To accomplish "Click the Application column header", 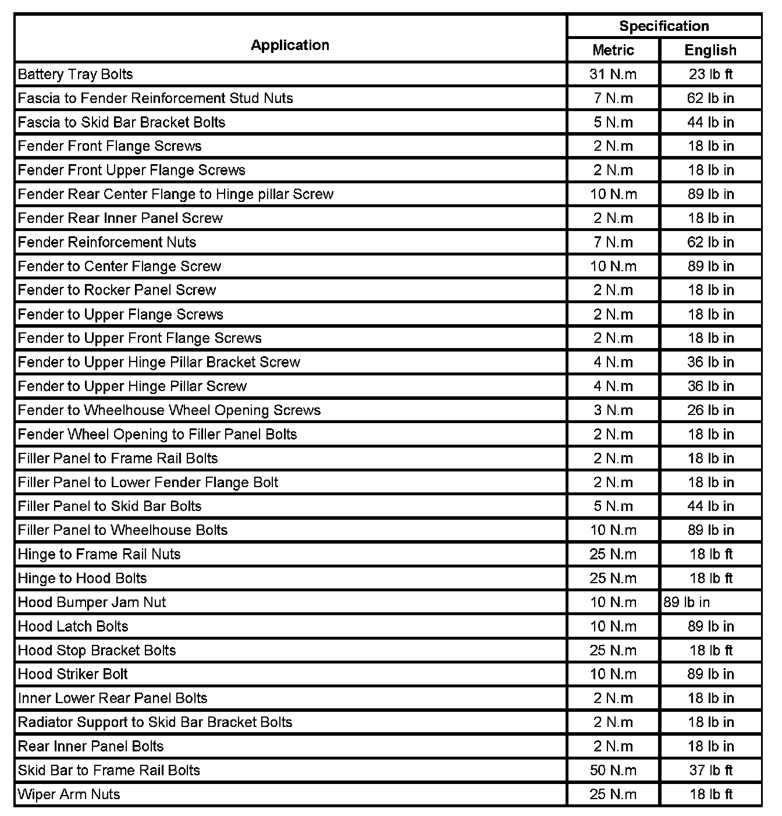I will pyautogui.click(x=290, y=45).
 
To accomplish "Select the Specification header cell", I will pyautogui.click(x=664, y=26).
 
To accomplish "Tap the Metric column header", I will pyautogui.click(x=613, y=51).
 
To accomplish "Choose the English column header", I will pyautogui.click(x=710, y=51).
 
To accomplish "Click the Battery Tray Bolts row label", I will pyautogui.click(x=76, y=74).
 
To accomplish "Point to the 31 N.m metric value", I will pyautogui.click(x=613, y=74).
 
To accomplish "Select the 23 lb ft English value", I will pyautogui.click(x=710, y=74).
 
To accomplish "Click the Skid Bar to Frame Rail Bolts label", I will pyautogui.click(x=109, y=771).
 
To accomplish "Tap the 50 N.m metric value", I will pyautogui.click(x=613, y=771).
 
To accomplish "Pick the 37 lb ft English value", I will pyautogui.click(x=710, y=771).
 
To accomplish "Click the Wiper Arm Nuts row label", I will pyautogui.click(x=69, y=794).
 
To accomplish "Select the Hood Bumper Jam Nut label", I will pyautogui.click(x=92, y=602).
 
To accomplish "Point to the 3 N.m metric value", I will pyautogui.click(x=613, y=410).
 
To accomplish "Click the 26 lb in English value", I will pyautogui.click(x=710, y=410).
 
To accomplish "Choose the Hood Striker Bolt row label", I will pyautogui.click(x=73, y=674).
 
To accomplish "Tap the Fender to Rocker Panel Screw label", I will pyautogui.click(x=117, y=290).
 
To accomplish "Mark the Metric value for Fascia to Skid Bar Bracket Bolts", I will pyautogui.click(x=613, y=122).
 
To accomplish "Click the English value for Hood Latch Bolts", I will pyautogui.click(x=710, y=626).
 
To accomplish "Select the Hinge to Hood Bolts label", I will pyautogui.click(x=83, y=579).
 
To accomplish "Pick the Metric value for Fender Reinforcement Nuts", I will pyautogui.click(x=613, y=242).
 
